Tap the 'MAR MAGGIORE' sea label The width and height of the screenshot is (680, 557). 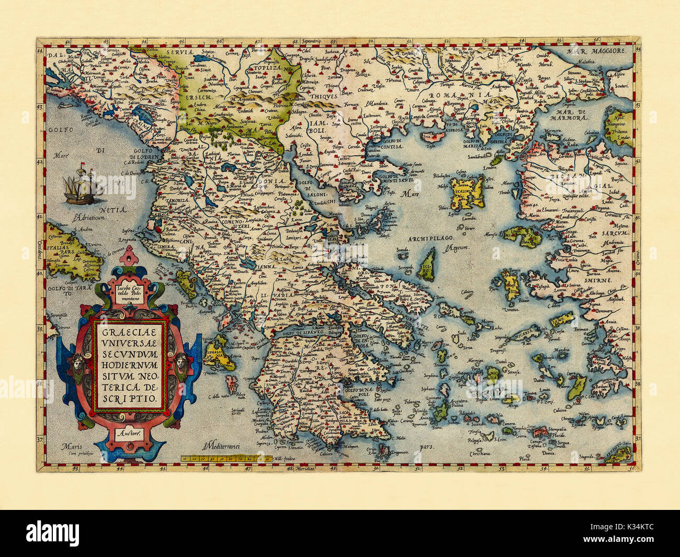(x=597, y=51)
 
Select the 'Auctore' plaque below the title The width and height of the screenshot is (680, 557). (x=128, y=433)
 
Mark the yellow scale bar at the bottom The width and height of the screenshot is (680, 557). (x=226, y=459)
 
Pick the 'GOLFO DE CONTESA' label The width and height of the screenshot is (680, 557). (x=387, y=147)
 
